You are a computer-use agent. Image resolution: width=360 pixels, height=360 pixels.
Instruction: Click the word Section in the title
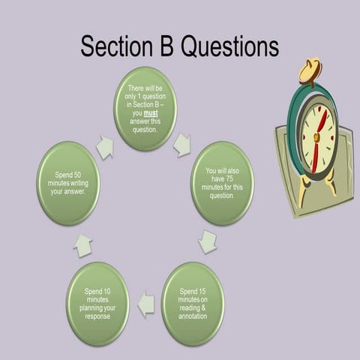[115, 46]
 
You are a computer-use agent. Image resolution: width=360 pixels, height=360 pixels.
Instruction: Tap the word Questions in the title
[228, 46]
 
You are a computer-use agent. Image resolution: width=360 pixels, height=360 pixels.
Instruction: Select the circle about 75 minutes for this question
[223, 183]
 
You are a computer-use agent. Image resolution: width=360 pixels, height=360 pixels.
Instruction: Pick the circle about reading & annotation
[193, 302]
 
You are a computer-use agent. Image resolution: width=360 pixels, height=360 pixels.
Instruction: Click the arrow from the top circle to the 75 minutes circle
[182, 145]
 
